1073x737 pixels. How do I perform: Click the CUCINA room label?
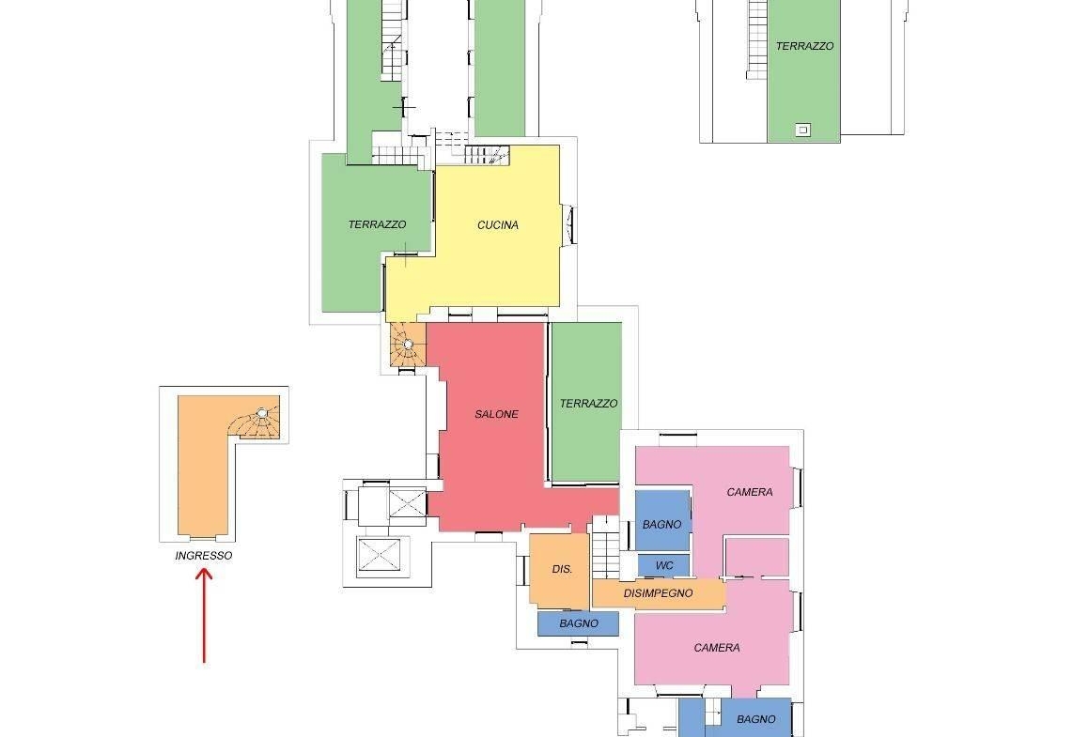tap(497, 225)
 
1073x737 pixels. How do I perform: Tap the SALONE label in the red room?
tap(496, 414)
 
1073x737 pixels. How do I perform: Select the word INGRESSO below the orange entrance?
tap(203, 556)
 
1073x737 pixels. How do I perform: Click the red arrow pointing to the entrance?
tap(204, 615)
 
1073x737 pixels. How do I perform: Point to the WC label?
tap(663, 566)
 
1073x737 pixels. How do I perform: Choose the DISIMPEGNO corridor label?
tap(658, 593)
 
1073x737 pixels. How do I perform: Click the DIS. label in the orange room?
tap(562, 569)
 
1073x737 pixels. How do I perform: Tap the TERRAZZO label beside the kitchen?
tap(377, 224)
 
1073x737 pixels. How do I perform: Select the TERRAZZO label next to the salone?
tap(588, 404)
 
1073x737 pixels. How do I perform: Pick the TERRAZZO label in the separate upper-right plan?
tap(804, 47)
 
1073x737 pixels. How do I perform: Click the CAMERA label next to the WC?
tap(750, 492)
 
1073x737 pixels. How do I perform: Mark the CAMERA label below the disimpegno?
tap(717, 648)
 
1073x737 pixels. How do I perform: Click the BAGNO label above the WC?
tap(661, 525)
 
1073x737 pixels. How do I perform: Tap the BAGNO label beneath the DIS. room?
tap(578, 623)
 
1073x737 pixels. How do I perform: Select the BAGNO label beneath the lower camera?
tap(756, 719)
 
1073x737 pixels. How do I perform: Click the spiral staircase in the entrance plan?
tap(256, 420)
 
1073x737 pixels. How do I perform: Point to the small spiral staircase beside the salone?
tap(407, 344)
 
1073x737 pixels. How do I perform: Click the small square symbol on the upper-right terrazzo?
tap(803, 130)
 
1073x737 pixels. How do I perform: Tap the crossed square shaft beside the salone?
tap(407, 506)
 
